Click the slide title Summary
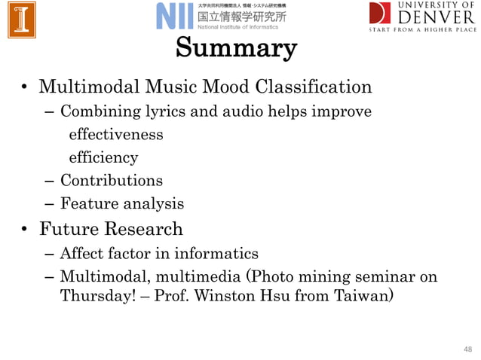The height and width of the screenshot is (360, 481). pos(236,49)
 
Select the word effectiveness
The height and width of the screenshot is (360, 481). pos(115,135)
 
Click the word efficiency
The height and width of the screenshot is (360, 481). pos(103,157)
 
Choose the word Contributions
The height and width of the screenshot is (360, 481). pos(111,181)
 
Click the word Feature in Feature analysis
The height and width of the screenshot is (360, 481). pos(85,203)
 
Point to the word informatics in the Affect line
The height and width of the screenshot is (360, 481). pos(219,253)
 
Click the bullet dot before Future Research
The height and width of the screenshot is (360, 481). pos(25,229)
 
